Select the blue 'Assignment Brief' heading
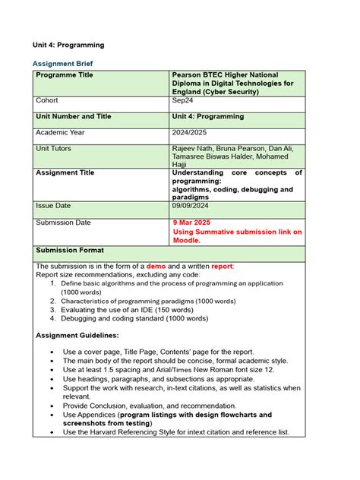click(65, 63)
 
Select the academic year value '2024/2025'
click(191, 133)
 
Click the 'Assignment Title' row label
click(65, 173)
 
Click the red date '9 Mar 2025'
click(196, 223)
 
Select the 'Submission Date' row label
click(63, 223)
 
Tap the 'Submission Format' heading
click(70, 251)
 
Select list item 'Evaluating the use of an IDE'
click(128, 310)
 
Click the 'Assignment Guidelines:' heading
click(77, 335)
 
